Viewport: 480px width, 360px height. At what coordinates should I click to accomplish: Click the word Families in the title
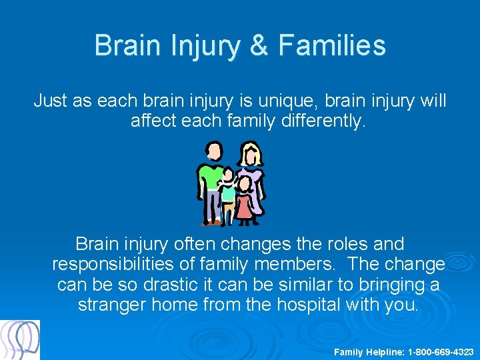click(331, 46)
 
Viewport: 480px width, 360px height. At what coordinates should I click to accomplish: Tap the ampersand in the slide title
click(257, 46)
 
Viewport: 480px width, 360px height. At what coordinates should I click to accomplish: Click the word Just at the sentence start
click(50, 101)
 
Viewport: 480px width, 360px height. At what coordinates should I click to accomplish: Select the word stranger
click(112, 305)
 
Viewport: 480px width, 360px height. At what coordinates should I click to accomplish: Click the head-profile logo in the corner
click(20, 340)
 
